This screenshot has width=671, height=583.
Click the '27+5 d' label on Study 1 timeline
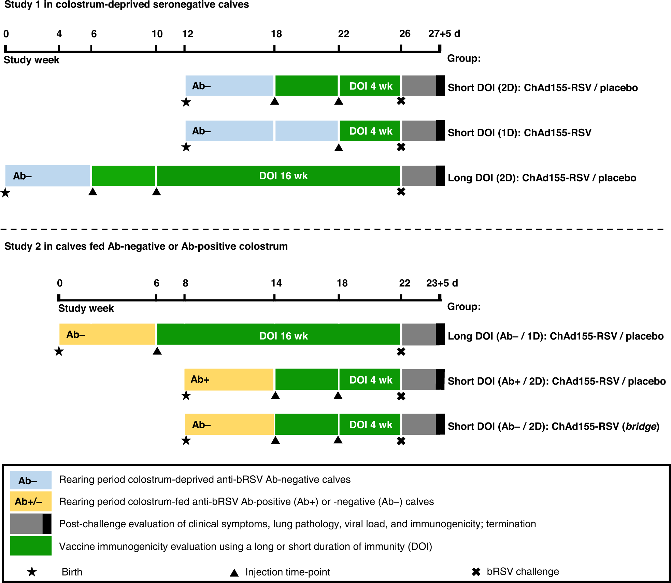point(444,34)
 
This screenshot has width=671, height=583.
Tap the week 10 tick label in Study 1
point(157,34)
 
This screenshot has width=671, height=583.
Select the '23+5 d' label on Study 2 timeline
point(442,283)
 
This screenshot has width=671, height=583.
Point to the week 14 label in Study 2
point(276,283)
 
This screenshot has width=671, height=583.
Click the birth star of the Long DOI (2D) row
point(5,193)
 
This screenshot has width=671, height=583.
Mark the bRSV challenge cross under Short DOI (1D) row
point(401,147)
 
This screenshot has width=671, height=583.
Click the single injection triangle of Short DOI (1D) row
point(339,148)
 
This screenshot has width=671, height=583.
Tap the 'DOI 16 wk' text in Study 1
point(283,176)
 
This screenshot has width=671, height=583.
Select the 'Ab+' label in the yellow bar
point(200,379)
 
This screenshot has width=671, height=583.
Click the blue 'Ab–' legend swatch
point(30,480)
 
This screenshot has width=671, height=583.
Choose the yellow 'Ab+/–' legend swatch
point(30,501)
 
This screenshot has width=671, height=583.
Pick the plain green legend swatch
point(30,546)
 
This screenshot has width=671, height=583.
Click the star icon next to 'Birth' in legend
point(32,572)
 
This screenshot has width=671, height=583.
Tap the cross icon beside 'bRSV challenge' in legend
point(476,572)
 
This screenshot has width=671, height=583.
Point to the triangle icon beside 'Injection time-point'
point(234,573)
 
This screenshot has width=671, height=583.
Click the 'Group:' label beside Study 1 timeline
point(463,58)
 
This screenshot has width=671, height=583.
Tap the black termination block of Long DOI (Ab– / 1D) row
point(440,334)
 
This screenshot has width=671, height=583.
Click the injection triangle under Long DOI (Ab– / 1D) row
point(157,351)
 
